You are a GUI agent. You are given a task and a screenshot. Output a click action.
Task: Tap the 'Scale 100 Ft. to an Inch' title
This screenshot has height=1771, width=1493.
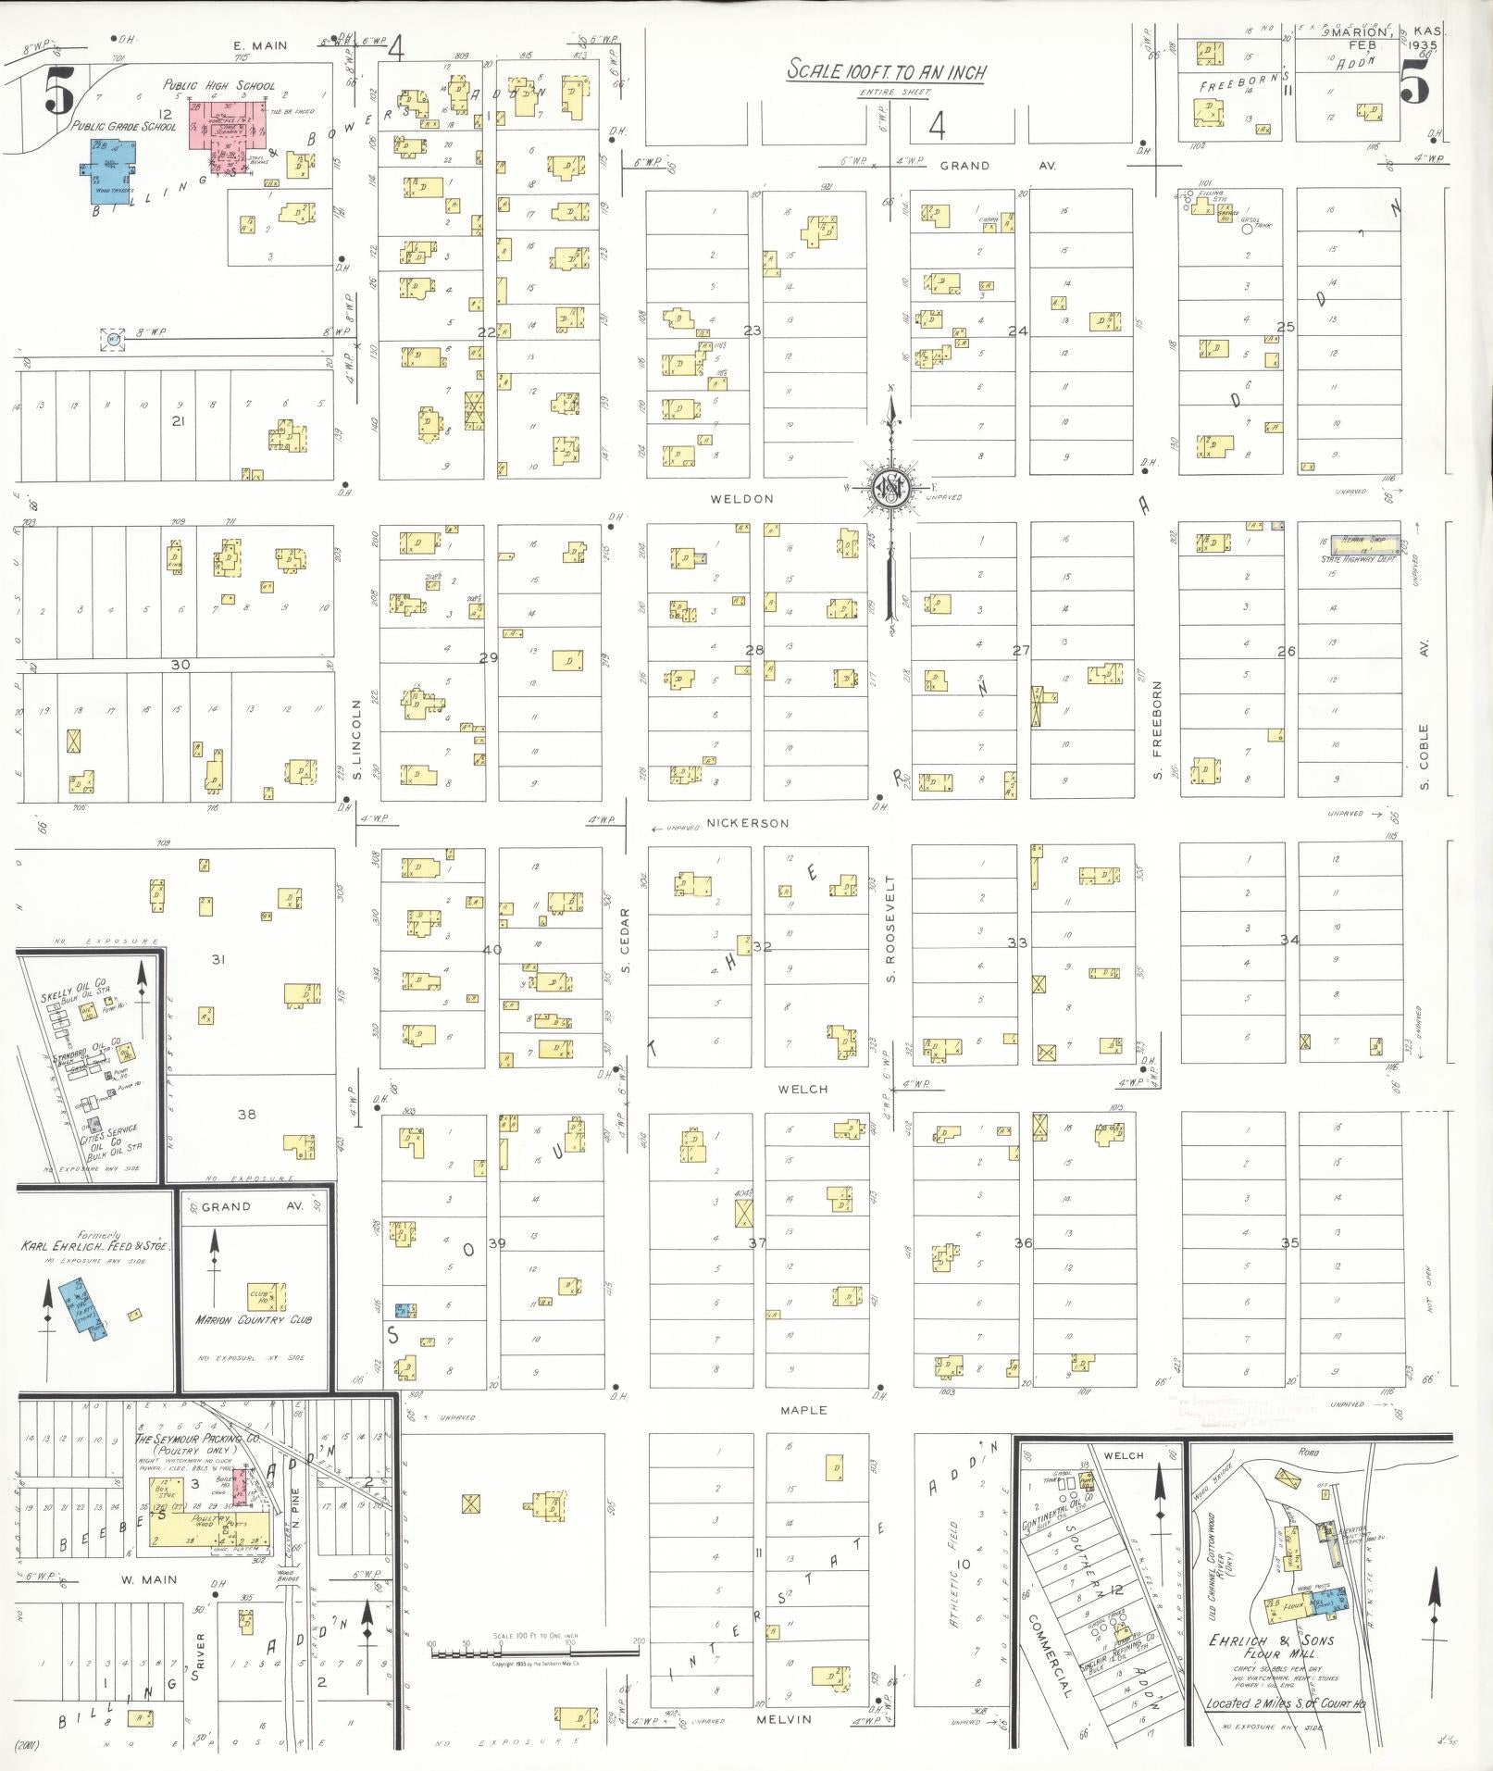(x=886, y=71)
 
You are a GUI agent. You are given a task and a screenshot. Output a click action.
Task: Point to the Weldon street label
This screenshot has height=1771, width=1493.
(x=741, y=499)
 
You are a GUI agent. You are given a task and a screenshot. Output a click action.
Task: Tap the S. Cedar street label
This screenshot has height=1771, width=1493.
(x=625, y=941)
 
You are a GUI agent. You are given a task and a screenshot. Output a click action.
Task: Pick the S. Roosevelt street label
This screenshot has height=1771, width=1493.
(x=891, y=929)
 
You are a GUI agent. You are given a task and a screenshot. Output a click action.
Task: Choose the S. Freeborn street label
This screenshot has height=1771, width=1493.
(x=1157, y=730)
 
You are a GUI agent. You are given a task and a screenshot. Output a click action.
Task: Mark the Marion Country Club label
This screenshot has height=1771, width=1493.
(x=253, y=1319)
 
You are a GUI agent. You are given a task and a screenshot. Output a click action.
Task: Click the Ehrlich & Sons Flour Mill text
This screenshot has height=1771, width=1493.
(x=1272, y=1646)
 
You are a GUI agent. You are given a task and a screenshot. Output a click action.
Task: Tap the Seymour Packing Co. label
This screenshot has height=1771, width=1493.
(x=197, y=1440)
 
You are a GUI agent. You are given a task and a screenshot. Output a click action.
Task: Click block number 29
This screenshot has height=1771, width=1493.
(x=488, y=657)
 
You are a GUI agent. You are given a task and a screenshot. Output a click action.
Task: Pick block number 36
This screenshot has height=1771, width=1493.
(x=1022, y=1242)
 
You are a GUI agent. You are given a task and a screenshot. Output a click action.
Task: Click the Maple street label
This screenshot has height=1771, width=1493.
(x=802, y=1410)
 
